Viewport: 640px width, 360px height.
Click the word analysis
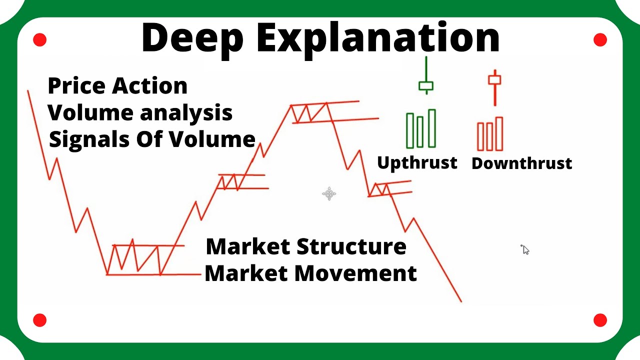coord(186,113)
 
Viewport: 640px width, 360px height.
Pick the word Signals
coord(88,139)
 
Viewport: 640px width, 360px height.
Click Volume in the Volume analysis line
coord(90,113)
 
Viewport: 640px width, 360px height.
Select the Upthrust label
coord(417,162)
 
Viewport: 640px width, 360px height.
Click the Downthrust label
coord(521,163)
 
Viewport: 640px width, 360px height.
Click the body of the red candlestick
coord(494,80)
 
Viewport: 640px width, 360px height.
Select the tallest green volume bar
coord(431,128)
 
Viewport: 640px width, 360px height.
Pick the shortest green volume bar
coord(420,132)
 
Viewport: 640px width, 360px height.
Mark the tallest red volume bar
coord(499,133)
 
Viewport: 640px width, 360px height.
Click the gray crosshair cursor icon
coord(329,193)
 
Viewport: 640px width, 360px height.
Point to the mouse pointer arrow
coord(524,249)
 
